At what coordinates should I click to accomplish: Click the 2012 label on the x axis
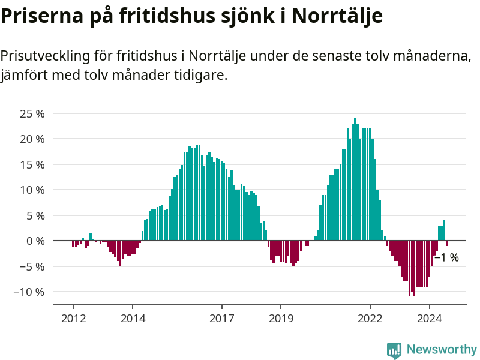pos(73,318)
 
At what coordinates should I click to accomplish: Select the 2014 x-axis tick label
pos(133,318)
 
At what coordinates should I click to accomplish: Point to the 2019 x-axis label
pos(281,318)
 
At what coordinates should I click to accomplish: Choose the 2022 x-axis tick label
pos(370,318)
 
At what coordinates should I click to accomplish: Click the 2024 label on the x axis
pos(429,318)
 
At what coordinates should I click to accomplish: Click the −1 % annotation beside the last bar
pos(446,257)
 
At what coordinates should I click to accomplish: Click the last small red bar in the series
pos(446,243)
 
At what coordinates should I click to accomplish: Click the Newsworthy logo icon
pos(394,350)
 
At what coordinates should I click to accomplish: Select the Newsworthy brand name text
pos(442,349)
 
